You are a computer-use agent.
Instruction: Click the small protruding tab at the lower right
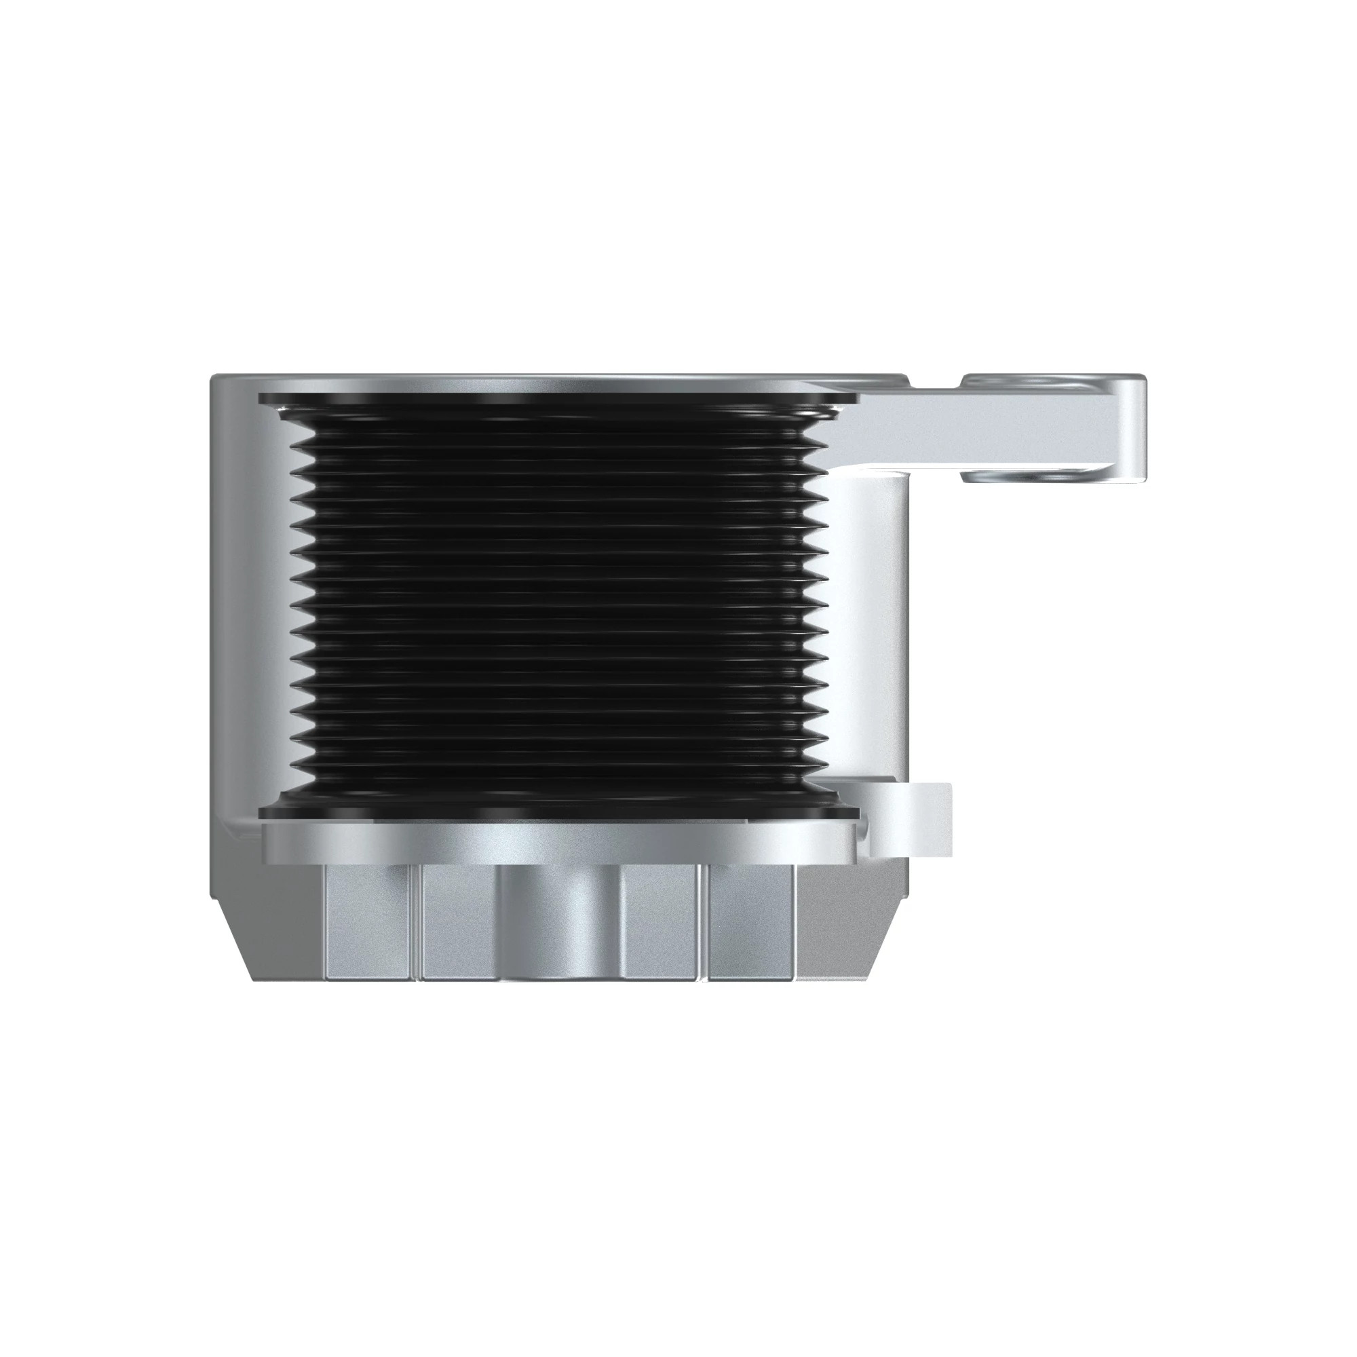(913, 819)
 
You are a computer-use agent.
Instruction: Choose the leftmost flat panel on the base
(366, 920)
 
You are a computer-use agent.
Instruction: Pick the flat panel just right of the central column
(660, 920)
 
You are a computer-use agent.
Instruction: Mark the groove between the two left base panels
(415, 920)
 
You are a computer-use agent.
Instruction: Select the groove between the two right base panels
(704, 920)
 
